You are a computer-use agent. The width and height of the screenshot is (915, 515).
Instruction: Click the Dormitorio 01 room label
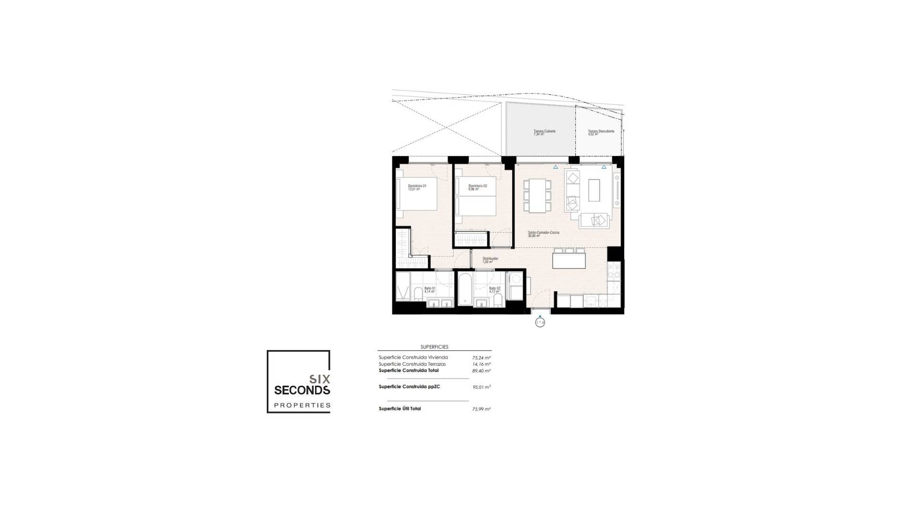tap(417, 187)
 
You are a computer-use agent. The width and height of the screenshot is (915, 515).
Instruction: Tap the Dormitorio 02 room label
tap(478, 187)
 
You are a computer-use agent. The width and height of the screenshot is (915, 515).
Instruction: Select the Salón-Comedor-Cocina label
tap(543, 234)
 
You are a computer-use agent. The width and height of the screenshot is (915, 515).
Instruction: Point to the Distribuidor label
tap(490, 260)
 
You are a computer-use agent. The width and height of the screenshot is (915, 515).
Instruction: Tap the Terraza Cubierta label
tap(544, 132)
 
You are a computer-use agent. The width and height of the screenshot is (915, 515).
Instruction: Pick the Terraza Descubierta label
tap(600, 132)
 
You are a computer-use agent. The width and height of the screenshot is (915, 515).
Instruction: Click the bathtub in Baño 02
tap(465, 288)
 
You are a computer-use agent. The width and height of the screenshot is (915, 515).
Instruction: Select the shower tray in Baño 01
tap(403, 286)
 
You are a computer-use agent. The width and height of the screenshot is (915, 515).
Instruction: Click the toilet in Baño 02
tap(498, 299)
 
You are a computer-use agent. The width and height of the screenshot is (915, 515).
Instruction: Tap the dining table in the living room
tap(538, 196)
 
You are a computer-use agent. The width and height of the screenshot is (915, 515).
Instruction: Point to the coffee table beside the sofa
tap(594, 190)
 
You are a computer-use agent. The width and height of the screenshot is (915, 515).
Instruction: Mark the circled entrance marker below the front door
tap(539, 323)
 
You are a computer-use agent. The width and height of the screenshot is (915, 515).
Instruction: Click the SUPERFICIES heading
tap(434, 347)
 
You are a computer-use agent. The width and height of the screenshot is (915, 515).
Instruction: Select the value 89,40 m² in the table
tap(481, 371)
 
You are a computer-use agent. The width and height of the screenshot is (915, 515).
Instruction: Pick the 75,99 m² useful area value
tap(481, 409)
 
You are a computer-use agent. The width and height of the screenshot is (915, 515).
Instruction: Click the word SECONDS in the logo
tap(302, 390)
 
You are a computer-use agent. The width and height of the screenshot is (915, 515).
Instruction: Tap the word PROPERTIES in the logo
tap(302, 405)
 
